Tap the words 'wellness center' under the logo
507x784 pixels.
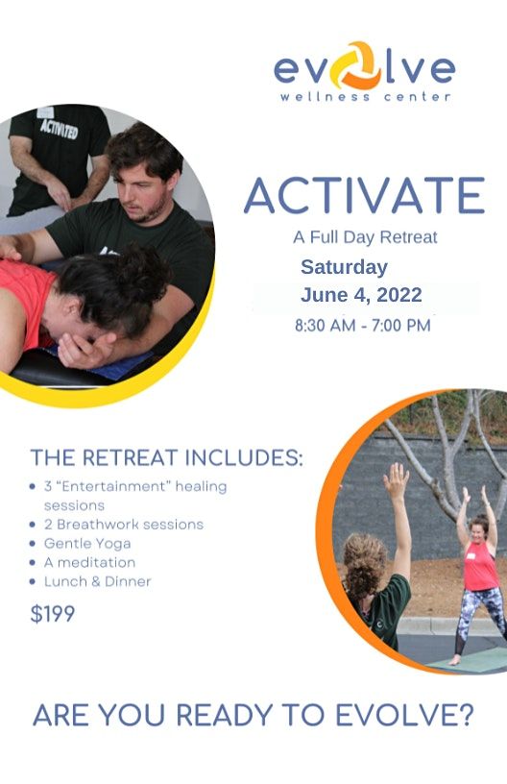(x=365, y=97)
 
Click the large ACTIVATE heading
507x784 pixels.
(x=364, y=196)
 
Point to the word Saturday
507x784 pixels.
(x=344, y=267)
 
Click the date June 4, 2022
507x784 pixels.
(x=361, y=295)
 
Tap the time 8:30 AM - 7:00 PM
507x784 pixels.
(x=362, y=326)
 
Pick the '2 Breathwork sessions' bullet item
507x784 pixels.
(x=124, y=525)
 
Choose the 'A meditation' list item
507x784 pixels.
(x=89, y=562)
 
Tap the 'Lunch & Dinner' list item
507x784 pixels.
(x=97, y=581)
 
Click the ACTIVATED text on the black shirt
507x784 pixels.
(x=59, y=129)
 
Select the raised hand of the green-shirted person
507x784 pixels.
(x=395, y=481)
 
